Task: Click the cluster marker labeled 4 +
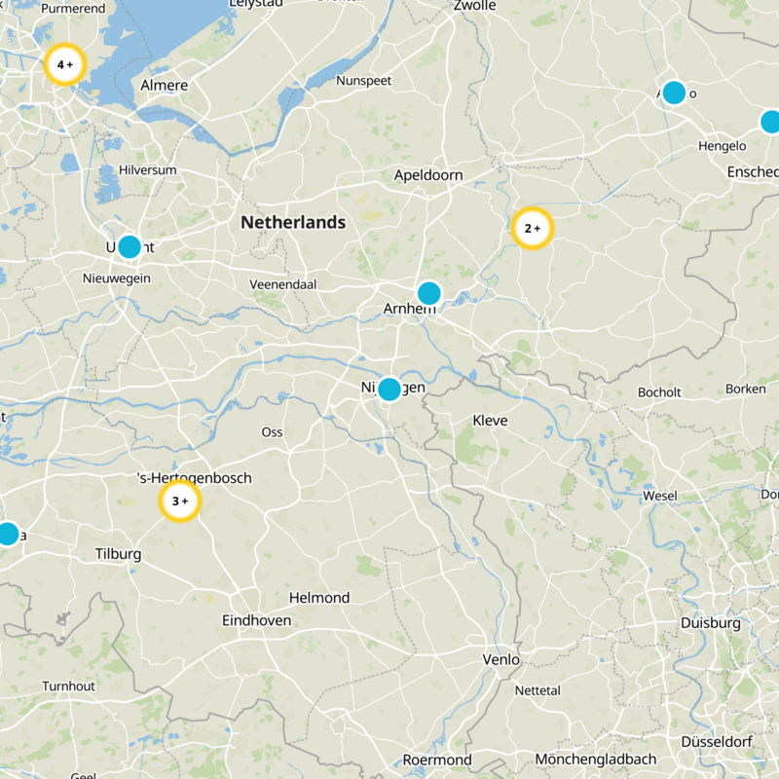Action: pos(65,65)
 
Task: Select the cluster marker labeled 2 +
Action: pos(532,229)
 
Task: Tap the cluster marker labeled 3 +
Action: pos(179,501)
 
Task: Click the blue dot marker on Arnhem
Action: pos(428,293)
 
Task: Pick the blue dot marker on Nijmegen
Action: pos(389,389)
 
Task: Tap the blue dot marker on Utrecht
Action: pos(129,246)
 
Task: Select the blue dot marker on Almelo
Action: pos(673,93)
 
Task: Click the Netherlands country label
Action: pos(293,222)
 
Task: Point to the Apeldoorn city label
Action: pos(428,175)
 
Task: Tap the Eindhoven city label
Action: pos(257,620)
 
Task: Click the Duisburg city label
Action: pos(711,622)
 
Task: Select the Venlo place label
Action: pos(501,659)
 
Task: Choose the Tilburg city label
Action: pos(118,554)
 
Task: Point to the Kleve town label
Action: pos(490,421)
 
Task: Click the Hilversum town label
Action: pos(148,169)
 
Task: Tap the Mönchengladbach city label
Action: pos(596,760)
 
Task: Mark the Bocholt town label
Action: pos(659,392)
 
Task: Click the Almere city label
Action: pos(165,86)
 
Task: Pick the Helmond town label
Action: pos(319,598)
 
